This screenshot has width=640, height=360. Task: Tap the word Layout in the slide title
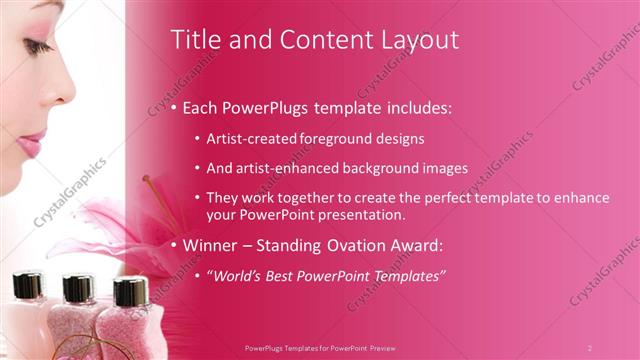tap(419, 40)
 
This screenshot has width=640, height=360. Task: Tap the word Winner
tap(213, 245)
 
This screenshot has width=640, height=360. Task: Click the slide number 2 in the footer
tap(590, 348)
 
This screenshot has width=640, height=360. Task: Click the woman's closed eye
tap(38, 47)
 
